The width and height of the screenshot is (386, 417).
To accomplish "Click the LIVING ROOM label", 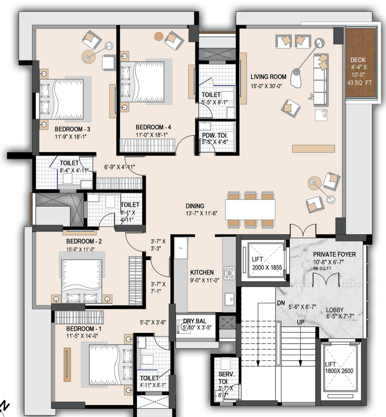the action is [268, 77].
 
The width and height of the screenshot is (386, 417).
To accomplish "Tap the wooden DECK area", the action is [361, 63].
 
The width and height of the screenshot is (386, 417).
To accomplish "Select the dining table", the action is [250, 209].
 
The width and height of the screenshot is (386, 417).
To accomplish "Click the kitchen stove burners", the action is [229, 273].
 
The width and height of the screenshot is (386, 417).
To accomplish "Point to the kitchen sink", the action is [230, 299].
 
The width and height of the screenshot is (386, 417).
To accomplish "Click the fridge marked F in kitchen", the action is [181, 248].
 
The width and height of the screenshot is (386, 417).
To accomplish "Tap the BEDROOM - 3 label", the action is [73, 129].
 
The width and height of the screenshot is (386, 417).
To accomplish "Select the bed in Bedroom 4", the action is [142, 82].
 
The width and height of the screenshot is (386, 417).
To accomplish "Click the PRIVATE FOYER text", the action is [334, 254].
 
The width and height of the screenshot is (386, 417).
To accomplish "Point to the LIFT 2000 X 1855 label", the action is [267, 263].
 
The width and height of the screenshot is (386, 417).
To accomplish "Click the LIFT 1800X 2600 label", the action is [339, 368].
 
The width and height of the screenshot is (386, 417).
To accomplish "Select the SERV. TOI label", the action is [226, 378].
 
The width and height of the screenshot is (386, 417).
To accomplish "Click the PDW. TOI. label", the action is [215, 135].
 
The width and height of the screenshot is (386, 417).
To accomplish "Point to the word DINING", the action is [195, 206].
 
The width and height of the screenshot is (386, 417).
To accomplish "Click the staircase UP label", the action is [300, 322].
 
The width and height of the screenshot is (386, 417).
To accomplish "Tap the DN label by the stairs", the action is [281, 303].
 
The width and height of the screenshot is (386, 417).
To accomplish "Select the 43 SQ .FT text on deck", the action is [359, 83].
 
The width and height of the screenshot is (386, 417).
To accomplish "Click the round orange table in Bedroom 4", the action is [159, 37].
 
